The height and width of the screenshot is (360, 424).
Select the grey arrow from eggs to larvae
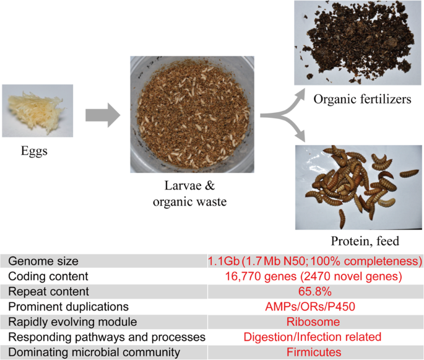click(x=102, y=115)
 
